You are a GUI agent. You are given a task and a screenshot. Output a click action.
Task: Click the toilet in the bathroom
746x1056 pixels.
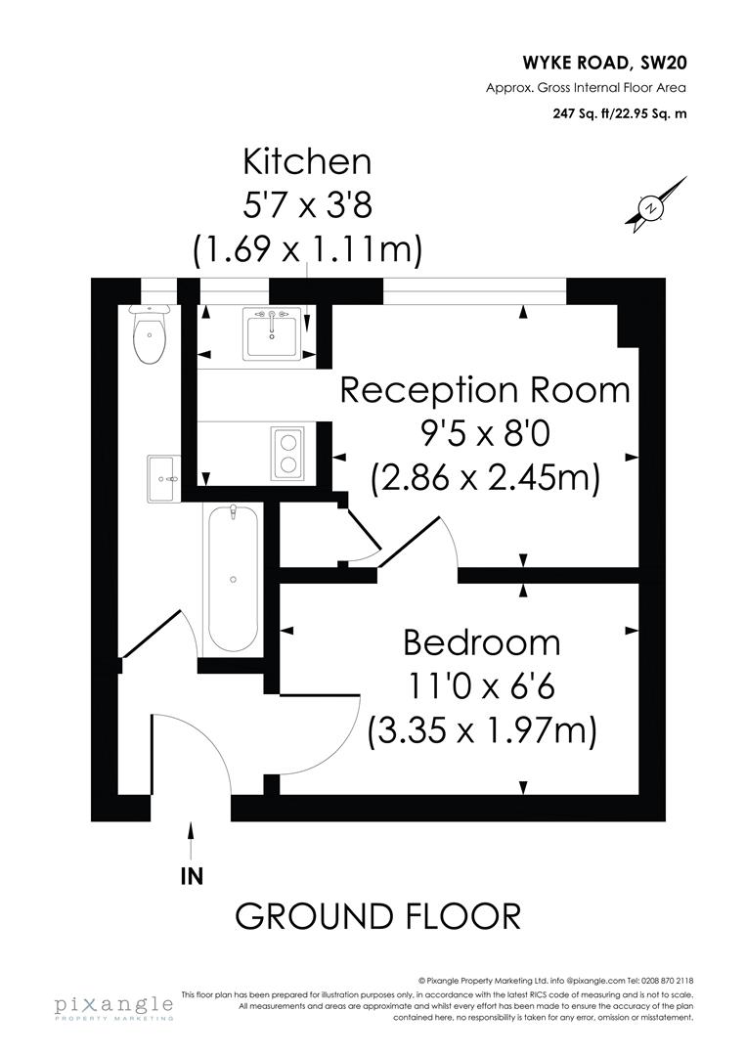tap(150, 334)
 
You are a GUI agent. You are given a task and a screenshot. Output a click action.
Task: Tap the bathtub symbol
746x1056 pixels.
tap(233, 578)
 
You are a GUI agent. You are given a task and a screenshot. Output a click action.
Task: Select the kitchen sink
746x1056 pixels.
tap(272, 333)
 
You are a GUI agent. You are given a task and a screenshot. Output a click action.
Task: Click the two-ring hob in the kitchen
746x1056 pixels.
tap(287, 453)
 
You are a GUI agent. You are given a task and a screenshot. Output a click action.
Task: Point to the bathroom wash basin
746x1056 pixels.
tap(164, 479)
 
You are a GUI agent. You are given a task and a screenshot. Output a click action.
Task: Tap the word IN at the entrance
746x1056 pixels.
tap(192, 876)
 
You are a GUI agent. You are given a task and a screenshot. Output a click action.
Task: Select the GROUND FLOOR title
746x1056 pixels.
tap(377, 916)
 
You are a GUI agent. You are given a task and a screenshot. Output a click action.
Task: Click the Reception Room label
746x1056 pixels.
tap(484, 389)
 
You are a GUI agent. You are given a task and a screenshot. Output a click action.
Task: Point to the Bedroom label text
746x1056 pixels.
tap(482, 642)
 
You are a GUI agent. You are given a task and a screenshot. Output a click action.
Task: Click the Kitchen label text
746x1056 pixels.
tap(307, 161)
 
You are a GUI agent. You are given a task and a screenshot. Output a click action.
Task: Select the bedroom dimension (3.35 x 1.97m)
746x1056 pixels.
tap(481, 731)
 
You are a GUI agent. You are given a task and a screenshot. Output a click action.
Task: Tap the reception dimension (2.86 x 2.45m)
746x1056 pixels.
tap(484, 479)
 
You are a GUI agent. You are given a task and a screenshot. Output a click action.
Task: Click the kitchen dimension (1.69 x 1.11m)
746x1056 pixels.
tap(307, 250)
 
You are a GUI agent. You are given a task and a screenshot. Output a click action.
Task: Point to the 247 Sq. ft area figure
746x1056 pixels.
tap(586, 112)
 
